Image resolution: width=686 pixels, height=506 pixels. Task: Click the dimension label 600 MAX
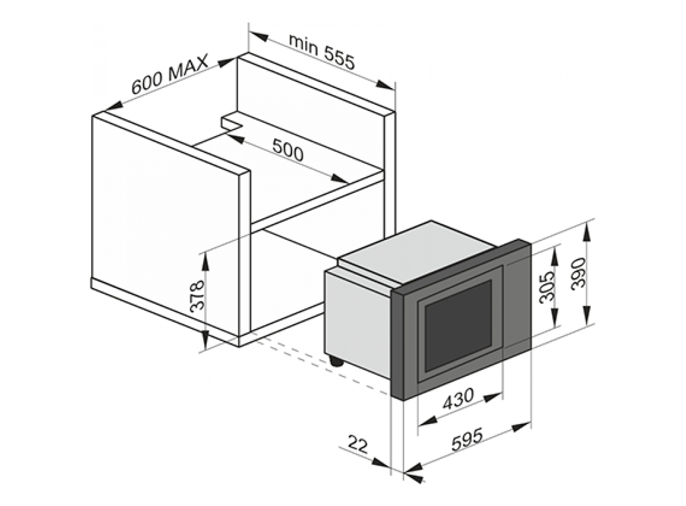pos(170,74)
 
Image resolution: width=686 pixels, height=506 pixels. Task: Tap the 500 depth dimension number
pos(288,150)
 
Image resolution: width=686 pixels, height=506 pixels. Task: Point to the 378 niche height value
pos(197,296)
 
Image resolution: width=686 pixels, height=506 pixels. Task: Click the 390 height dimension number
pos(578,273)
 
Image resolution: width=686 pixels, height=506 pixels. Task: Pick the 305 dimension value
pos(546,287)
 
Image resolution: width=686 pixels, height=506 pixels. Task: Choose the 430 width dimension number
pos(458,399)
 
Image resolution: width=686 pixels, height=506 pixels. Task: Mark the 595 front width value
pos(467,440)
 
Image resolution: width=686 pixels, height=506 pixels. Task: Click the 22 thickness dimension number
pos(358,444)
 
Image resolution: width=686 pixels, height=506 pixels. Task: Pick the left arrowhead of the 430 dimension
pos(428,421)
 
